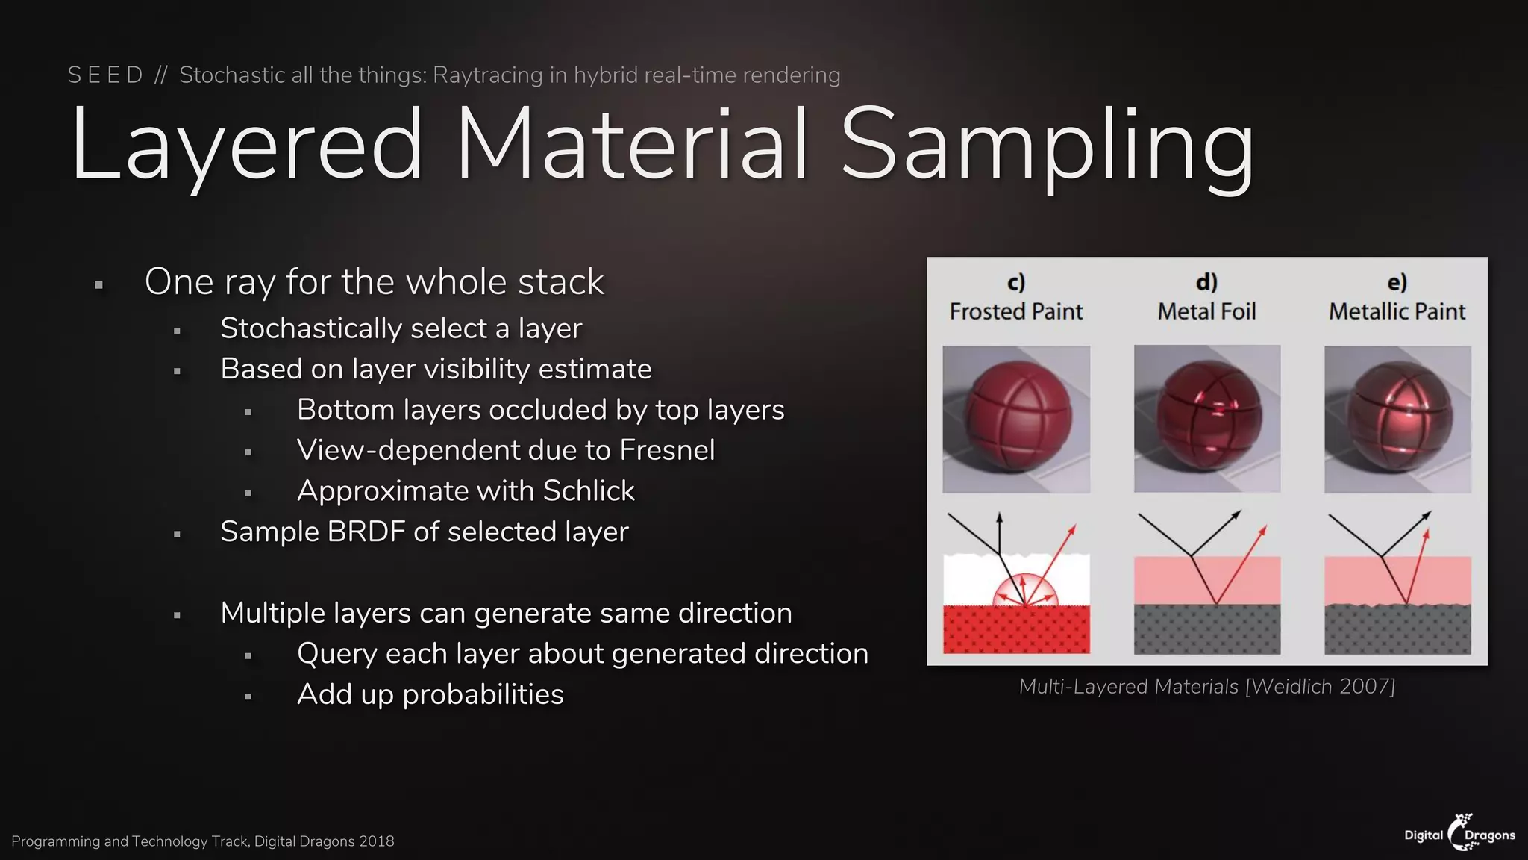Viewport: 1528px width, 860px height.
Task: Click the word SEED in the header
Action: [x=105, y=75]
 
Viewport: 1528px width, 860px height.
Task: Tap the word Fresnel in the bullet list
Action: [x=667, y=450]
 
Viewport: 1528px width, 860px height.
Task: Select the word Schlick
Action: [x=589, y=491]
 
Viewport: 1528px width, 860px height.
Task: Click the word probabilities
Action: [x=482, y=695]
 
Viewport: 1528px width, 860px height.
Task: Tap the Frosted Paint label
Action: [x=1015, y=311]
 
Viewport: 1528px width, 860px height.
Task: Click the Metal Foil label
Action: [x=1206, y=311]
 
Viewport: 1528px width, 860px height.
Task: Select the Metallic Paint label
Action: [x=1397, y=311]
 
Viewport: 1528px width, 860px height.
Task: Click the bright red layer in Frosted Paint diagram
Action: [x=1015, y=632]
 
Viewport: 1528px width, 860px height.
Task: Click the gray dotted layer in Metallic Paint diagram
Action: [x=1397, y=632]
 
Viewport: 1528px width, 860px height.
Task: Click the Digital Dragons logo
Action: [x=1459, y=833]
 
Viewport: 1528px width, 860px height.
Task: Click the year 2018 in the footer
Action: [x=376, y=841]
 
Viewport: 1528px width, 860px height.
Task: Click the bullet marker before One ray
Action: [x=98, y=284]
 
